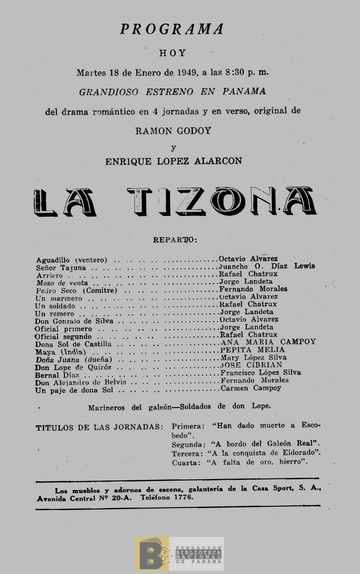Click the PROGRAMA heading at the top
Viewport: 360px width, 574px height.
click(x=172, y=29)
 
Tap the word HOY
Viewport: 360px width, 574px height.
click(x=173, y=53)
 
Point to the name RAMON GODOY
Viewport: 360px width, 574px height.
click(x=173, y=131)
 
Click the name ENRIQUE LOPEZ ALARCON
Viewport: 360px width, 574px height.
click(x=174, y=161)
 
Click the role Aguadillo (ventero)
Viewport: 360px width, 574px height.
click(x=72, y=260)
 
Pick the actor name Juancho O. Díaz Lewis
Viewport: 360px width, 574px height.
click(x=267, y=266)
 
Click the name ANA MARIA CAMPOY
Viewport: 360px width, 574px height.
click(x=268, y=342)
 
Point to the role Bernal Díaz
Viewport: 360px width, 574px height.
click(x=57, y=375)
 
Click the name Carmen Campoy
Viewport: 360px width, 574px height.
click(x=251, y=388)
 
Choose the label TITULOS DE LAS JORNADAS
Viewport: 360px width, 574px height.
click(x=99, y=428)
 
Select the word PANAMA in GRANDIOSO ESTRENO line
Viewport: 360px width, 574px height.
click(x=244, y=91)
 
